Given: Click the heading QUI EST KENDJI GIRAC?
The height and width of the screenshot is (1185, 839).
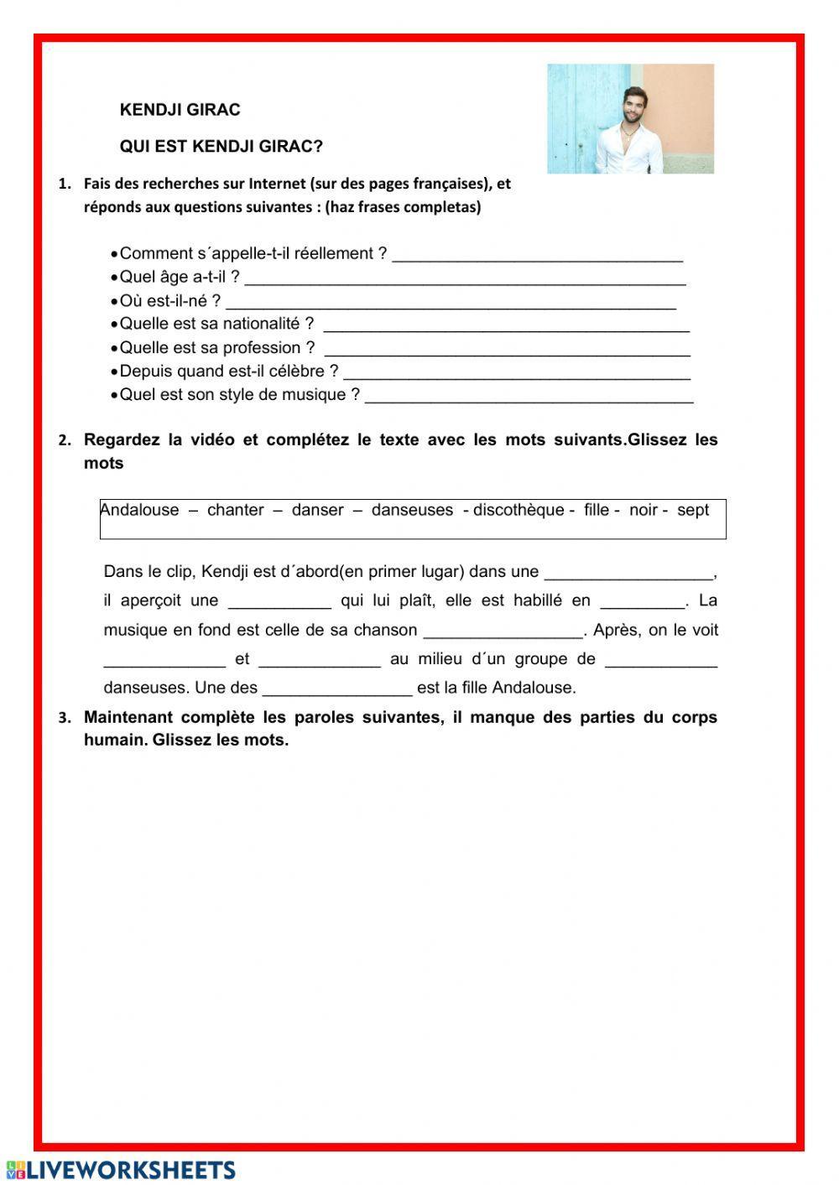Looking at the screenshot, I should [x=221, y=147].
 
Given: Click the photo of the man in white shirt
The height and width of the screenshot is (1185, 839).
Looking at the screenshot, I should [x=630, y=119].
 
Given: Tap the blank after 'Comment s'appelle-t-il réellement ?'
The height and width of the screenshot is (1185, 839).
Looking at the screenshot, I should [x=537, y=254].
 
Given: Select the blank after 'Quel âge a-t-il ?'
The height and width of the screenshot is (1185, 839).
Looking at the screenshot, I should [x=465, y=278].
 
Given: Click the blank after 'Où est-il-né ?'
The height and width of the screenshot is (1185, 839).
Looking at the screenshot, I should [x=451, y=301].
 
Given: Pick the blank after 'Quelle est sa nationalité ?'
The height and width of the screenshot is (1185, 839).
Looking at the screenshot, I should [x=506, y=325].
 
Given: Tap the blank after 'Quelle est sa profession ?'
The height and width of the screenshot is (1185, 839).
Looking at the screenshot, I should [x=507, y=348].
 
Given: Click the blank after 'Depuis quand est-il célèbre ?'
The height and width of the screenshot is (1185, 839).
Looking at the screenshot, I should [x=517, y=372].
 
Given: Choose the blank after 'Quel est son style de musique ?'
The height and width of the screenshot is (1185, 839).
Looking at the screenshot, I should [x=529, y=395].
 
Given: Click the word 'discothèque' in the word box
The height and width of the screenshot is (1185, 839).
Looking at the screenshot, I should [x=519, y=510].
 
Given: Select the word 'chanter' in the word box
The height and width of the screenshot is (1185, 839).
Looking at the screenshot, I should [x=236, y=510].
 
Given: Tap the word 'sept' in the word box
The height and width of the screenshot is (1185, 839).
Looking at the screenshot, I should [x=693, y=510].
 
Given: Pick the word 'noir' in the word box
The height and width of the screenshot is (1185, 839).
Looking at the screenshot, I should [x=644, y=510].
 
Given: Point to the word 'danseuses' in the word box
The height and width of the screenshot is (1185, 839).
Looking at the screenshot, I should [x=412, y=510].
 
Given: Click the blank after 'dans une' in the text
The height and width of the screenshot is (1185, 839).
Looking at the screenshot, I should [x=628, y=573].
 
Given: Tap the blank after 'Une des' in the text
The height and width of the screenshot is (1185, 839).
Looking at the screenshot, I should [x=337, y=689].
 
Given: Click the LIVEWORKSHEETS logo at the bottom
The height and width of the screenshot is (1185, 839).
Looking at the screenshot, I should [x=121, y=1170].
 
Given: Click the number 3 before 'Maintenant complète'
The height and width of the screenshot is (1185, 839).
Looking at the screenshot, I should [x=64, y=718].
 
